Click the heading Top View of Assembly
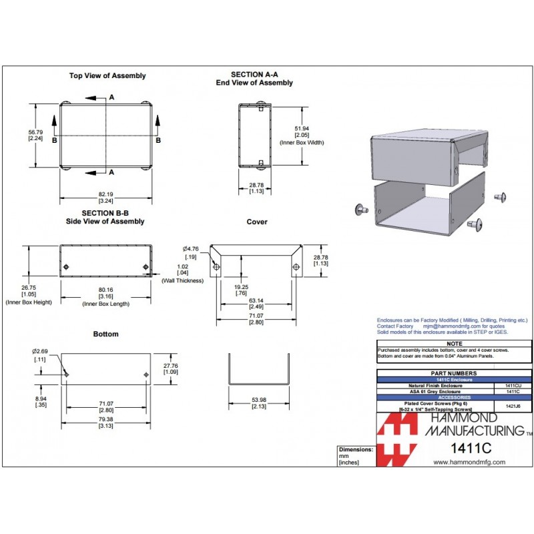point(107,76)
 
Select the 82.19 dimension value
point(105,194)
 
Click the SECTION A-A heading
point(254,75)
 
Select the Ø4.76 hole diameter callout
point(191,250)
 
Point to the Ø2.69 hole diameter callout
point(40,351)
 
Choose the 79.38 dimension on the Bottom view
point(105,419)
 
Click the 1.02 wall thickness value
point(182,267)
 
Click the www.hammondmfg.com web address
point(469,462)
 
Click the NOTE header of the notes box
point(454,344)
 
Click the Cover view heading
point(256,222)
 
